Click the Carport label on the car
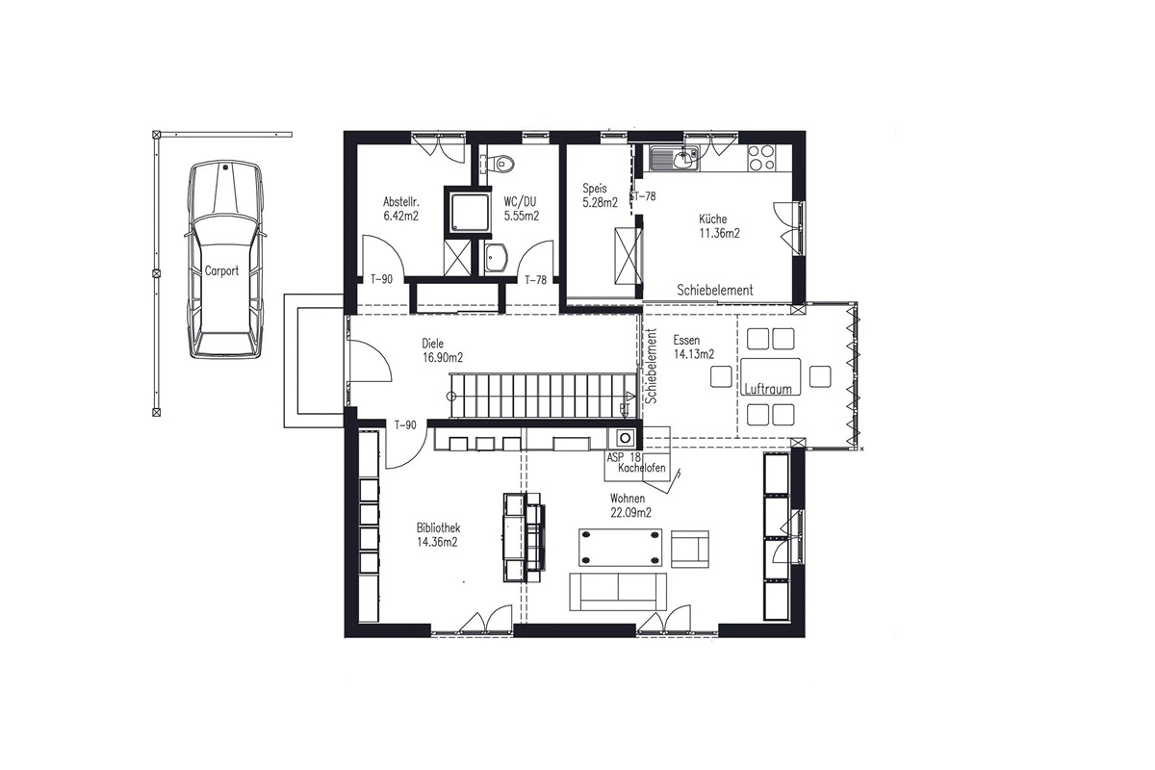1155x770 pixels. point(221,270)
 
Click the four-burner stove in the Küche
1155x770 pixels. point(761,158)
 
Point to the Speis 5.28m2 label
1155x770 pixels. point(601,195)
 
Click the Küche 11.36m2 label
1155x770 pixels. point(719,226)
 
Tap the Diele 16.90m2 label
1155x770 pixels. point(443,350)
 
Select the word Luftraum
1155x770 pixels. point(768,389)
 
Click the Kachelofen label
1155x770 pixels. point(642,469)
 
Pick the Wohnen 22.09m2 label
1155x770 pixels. point(630,505)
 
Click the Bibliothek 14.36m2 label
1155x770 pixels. point(438,535)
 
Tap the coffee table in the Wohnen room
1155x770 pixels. point(620,548)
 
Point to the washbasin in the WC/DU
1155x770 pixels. point(496,256)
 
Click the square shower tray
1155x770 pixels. point(467,211)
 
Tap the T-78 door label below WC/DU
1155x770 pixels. point(536,280)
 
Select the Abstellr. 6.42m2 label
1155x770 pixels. point(400,208)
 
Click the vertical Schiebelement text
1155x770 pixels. point(652,366)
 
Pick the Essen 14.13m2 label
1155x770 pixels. point(694,347)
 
